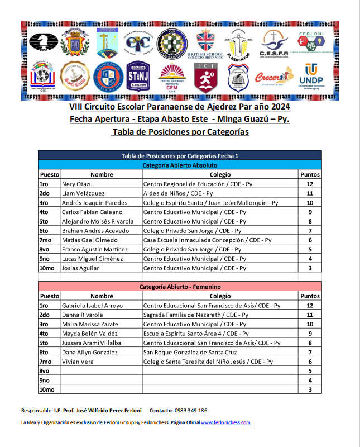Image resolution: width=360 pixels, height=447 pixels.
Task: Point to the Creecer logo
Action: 273,77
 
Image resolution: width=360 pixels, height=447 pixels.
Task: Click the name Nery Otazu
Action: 78,184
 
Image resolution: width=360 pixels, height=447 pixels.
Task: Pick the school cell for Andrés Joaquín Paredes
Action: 210,203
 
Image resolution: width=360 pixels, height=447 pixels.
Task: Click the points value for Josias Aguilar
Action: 310,268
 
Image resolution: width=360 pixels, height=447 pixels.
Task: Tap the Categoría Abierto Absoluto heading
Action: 180,165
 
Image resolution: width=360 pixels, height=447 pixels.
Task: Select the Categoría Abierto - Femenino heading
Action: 180,287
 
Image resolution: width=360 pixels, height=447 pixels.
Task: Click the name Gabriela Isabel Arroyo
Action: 93,306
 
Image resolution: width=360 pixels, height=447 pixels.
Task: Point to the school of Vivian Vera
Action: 208,362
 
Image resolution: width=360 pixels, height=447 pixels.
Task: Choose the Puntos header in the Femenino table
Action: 310,296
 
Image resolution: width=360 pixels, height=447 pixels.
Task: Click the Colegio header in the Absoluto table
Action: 220,174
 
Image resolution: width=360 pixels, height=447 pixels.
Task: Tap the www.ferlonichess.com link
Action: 225,423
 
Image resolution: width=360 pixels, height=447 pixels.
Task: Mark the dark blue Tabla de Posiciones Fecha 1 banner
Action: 180,156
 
